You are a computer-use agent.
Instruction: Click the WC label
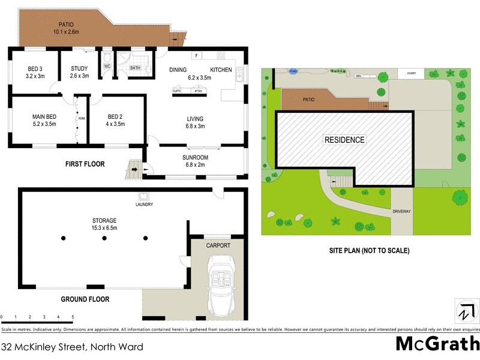(x=107, y=65)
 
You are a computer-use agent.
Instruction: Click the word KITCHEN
(x=221, y=70)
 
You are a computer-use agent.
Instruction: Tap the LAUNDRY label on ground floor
(x=144, y=205)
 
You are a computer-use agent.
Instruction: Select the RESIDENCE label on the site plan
(x=344, y=140)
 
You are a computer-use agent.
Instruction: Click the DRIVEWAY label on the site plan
(x=401, y=212)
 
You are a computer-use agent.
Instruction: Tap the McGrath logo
(x=437, y=344)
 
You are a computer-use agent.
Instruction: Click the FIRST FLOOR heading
(x=85, y=163)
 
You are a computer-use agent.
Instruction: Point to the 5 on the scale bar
(x=73, y=317)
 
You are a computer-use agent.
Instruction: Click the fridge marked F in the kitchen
(x=196, y=56)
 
